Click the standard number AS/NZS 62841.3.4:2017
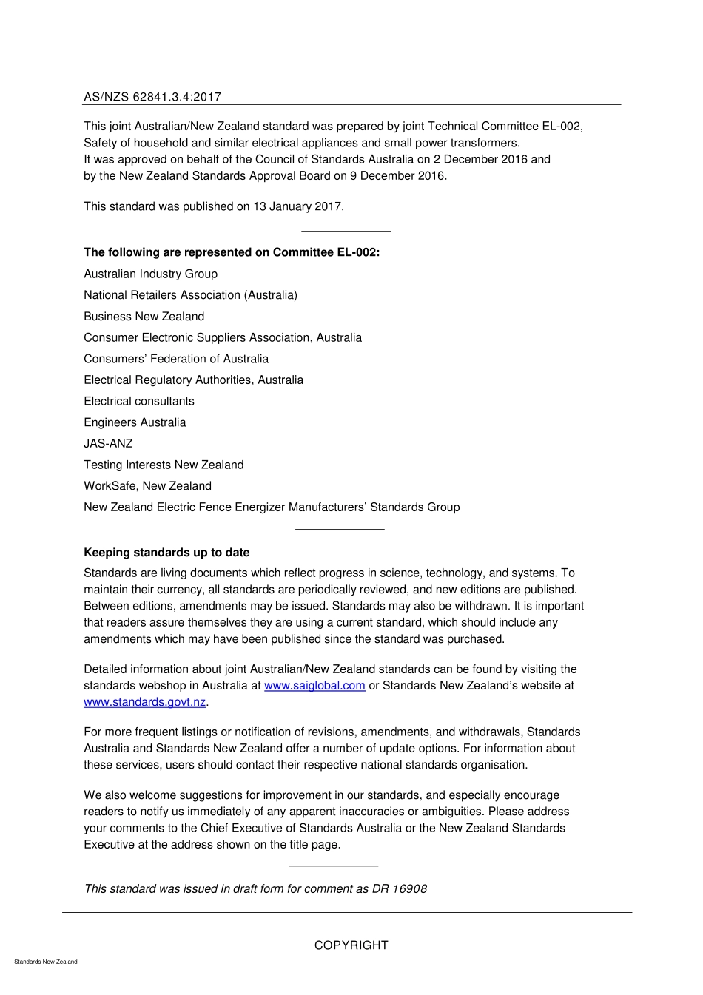[152, 97]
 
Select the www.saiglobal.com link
[314, 686]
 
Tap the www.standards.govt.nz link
[144, 702]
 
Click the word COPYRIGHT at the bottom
[351, 945]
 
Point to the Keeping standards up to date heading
[166, 553]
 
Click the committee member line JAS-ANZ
[108, 444]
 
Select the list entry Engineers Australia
[135, 422]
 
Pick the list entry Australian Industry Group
[150, 274]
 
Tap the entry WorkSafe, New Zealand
[147, 486]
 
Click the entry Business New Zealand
[144, 317]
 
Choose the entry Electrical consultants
[139, 402]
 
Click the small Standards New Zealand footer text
[45, 962]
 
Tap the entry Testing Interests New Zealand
[164, 465]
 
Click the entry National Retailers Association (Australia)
[190, 295]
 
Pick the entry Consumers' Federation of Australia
[176, 359]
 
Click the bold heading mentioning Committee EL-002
[232, 252]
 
